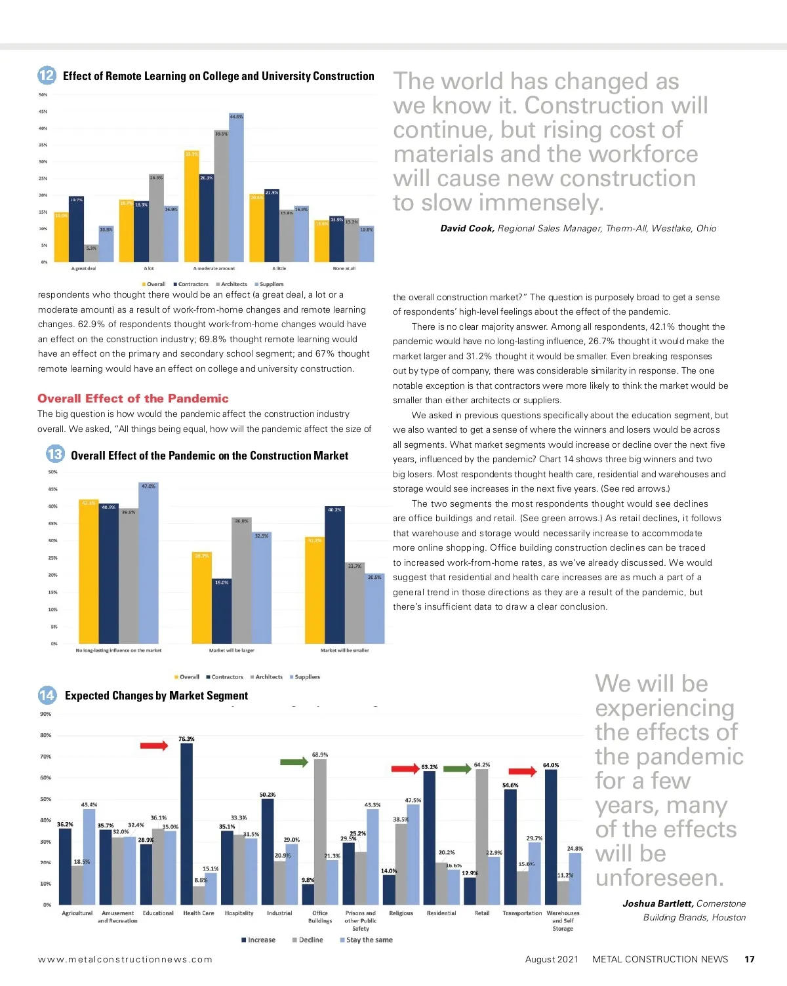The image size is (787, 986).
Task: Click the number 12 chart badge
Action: [x=47, y=75]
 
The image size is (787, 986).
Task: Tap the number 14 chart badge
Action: [x=47, y=695]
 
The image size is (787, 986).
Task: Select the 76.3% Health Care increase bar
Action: [x=187, y=823]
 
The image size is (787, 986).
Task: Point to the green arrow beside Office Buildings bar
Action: [x=294, y=762]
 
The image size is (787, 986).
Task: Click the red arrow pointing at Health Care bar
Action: [x=154, y=745]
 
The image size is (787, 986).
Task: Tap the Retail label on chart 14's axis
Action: [x=481, y=913]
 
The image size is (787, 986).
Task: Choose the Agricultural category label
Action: [x=77, y=913]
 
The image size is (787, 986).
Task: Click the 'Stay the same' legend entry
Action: [x=366, y=940]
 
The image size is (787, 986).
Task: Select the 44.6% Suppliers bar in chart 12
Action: [x=236, y=188]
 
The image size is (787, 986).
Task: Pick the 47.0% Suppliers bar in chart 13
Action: [x=149, y=562]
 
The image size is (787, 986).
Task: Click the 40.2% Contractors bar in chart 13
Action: [x=334, y=574]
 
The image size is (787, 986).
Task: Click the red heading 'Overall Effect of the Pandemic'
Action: [x=133, y=399]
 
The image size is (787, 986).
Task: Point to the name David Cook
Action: [x=467, y=228]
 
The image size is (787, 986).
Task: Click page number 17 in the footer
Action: [x=750, y=959]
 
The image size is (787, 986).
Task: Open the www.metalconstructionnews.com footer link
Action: [x=125, y=959]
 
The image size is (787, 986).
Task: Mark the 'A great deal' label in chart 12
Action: [x=83, y=268]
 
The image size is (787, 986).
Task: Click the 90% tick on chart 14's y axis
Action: [x=45, y=714]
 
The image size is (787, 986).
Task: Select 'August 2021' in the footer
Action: [x=552, y=959]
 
